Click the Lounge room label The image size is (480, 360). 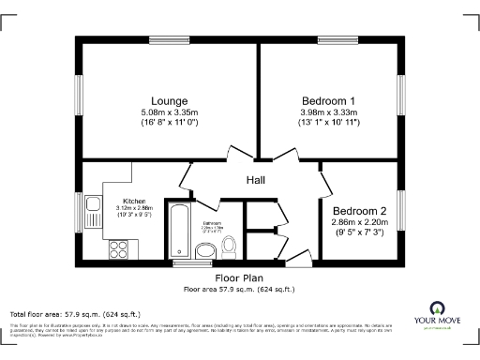coord(169,100)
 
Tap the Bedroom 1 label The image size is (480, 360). coord(328,100)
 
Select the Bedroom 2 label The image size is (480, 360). coord(360,210)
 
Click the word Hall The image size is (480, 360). coord(257,180)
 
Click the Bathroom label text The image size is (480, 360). coord(211,222)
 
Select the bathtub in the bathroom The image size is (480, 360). coord(176,230)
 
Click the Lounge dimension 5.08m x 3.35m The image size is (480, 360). coord(169,112)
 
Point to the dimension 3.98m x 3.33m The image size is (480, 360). coord(328,112)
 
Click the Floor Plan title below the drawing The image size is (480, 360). coord(239,278)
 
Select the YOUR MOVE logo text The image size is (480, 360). coord(438,320)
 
